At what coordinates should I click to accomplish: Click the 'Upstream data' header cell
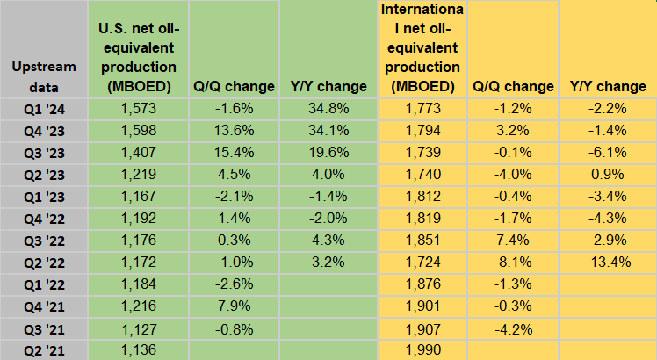pyautogui.click(x=44, y=76)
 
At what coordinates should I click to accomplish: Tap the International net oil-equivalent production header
pyautogui.click(x=420, y=48)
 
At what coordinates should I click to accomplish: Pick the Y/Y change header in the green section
pyautogui.click(x=328, y=86)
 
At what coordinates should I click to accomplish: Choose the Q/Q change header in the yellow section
pyautogui.click(x=513, y=86)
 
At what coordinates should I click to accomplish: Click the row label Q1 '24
pyautogui.click(x=44, y=108)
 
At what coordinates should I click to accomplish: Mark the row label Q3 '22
pyautogui.click(x=44, y=241)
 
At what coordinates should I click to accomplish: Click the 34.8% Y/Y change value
pyautogui.click(x=328, y=108)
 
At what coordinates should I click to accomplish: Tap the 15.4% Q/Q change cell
pyautogui.click(x=233, y=153)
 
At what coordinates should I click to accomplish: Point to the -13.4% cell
pyautogui.click(x=607, y=263)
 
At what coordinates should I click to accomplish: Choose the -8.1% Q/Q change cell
pyautogui.click(x=513, y=263)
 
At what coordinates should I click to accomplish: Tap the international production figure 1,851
pyautogui.click(x=420, y=241)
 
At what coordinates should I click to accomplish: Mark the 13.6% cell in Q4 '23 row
pyautogui.click(x=233, y=131)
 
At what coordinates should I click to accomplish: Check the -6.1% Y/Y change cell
pyautogui.click(x=607, y=153)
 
